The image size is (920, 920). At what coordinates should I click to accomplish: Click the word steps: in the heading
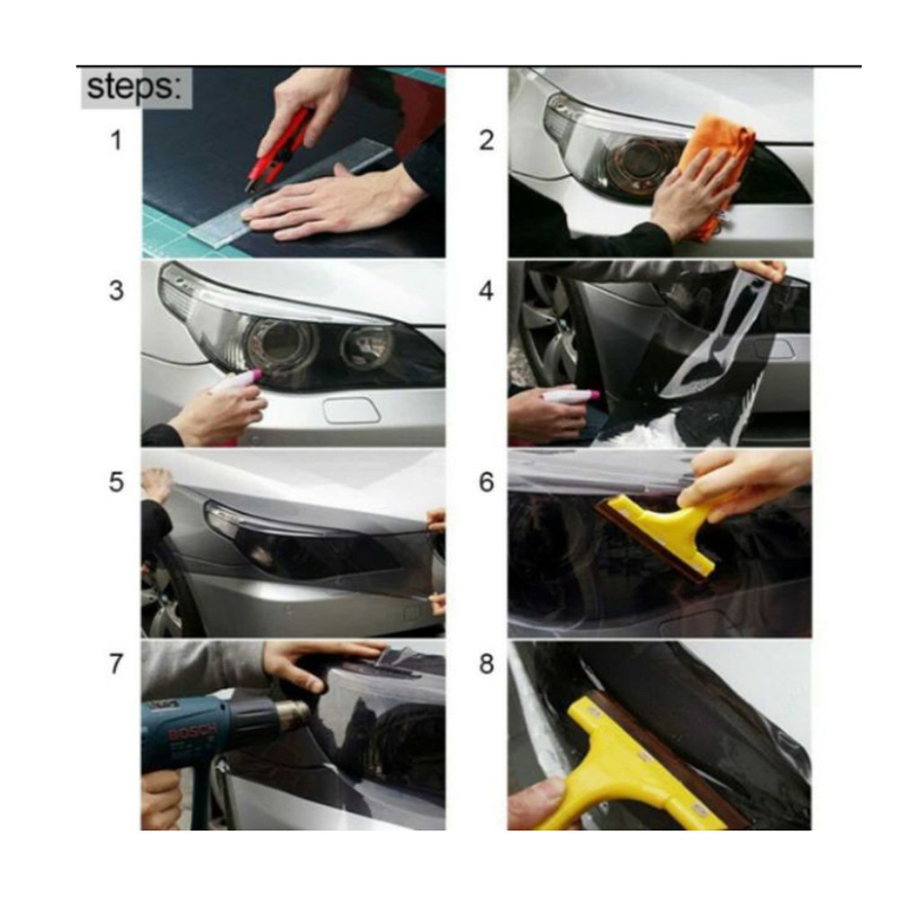pyautogui.click(x=135, y=87)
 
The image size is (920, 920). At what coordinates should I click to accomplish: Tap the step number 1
pyautogui.click(x=116, y=141)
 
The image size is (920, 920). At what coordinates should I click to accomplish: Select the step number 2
pyautogui.click(x=486, y=141)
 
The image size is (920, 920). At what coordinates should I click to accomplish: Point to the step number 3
pyautogui.click(x=116, y=291)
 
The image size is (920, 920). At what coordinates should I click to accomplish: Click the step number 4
pyautogui.click(x=486, y=291)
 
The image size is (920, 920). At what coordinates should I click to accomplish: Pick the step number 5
pyautogui.click(x=116, y=482)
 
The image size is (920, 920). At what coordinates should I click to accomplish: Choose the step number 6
pyautogui.click(x=486, y=482)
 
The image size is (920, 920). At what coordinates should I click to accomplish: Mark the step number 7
pyautogui.click(x=116, y=664)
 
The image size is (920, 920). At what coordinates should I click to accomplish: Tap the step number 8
pyautogui.click(x=486, y=664)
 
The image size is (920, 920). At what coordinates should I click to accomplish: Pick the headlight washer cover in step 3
pyautogui.click(x=351, y=410)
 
